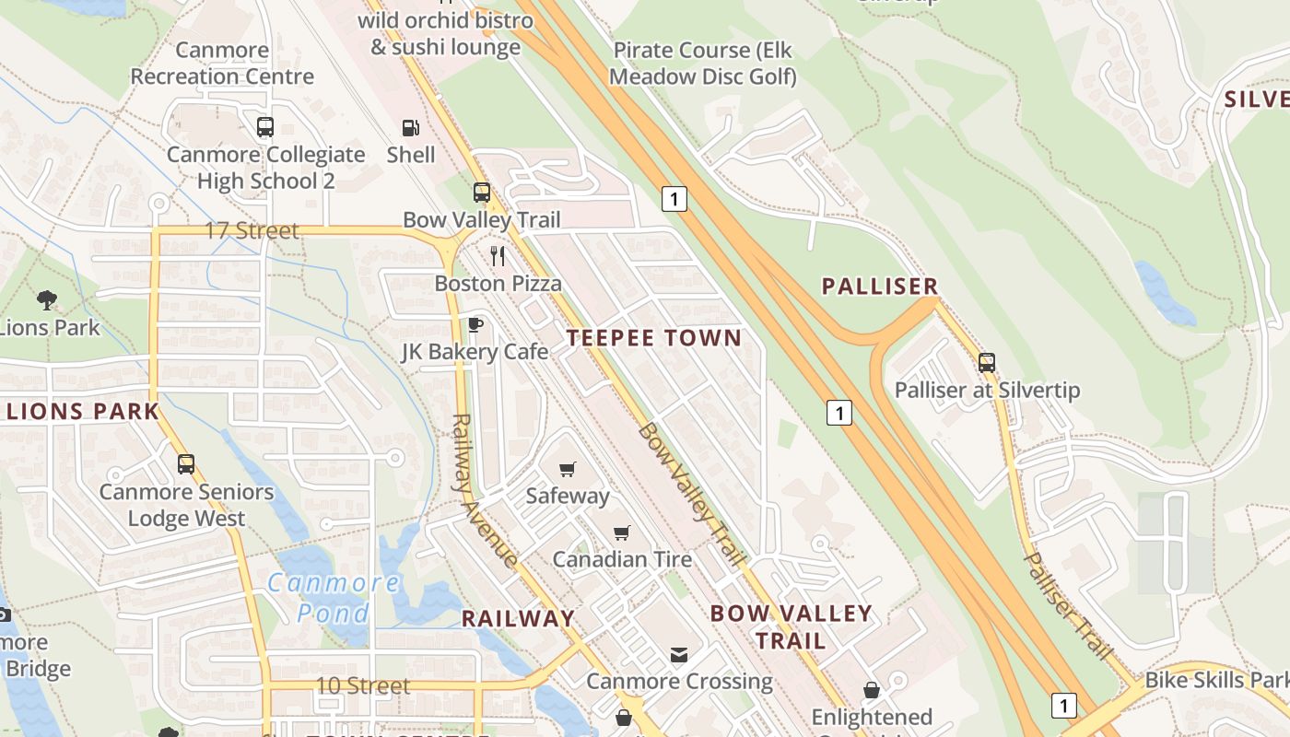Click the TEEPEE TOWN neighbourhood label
pos(654,337)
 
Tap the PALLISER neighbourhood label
pos(880,287)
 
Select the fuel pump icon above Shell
pos(411,128)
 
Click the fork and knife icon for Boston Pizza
pos(498,255)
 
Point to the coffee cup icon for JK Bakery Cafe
pos(475,324)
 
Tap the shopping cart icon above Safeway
pos(568,469)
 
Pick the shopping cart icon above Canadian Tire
pos(622,532)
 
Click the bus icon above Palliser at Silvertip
pos(987,362)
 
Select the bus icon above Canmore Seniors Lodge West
pos(186,464)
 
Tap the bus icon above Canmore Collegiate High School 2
pos(265,127)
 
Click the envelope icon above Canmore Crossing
pos(679,654)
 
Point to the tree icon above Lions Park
pos(46,299)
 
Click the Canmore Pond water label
pos(334,597)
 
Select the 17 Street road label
pos(252,230)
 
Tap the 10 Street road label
pos(363,685)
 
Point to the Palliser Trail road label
pos(1068,605)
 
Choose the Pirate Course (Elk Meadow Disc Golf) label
pos(702,63)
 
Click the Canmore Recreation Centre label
pos(222,63)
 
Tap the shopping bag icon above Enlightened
pos(871,689)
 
